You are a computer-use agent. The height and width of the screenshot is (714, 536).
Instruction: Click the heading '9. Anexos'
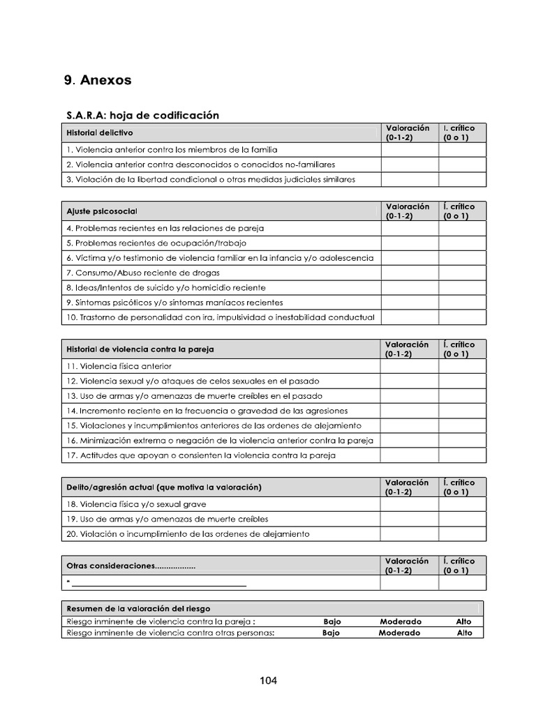click(x=98, y=80)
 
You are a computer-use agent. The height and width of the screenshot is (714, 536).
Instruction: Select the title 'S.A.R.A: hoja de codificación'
click(x=142, y=115)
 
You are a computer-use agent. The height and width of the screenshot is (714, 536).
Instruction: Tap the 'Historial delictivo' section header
click(x=99, y=132)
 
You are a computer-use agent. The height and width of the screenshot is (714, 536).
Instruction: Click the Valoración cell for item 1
click(x=409, y=149)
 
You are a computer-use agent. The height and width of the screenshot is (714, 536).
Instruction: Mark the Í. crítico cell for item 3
click(x=462, y=179)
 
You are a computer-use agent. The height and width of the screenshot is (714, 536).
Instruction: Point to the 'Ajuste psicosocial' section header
click(x=102, y=211)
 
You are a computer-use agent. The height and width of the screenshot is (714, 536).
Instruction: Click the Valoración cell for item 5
click(x=409, y=243)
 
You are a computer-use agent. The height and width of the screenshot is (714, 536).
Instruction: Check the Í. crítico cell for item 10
click(x=462, y=317)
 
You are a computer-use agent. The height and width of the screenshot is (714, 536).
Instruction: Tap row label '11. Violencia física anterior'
click(x=119, y=366)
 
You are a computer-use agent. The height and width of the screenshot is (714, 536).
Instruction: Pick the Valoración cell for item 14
click(x=409, y=411)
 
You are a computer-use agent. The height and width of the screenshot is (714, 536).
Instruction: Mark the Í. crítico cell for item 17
click(x=462, y=455)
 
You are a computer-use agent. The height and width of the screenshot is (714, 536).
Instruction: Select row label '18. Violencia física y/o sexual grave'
click(x=136, y=504)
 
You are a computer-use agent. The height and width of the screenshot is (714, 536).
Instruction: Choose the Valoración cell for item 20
click(x=409, y=534)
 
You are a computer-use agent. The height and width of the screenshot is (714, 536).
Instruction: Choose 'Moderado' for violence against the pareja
click(x=401, y=621)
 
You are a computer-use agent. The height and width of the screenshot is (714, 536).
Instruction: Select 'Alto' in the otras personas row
click(x=464, y=633)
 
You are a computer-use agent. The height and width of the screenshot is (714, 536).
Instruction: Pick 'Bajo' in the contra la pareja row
click(x=332, y=621)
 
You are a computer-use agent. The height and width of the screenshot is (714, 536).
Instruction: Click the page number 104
click(x=268, y=681)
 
